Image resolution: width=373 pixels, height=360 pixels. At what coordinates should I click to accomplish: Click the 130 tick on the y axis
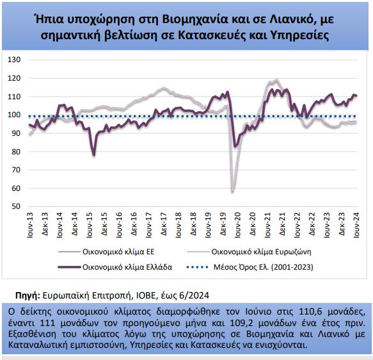tap(14, 60)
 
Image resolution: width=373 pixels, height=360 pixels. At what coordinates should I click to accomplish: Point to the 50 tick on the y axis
tap(16, 206)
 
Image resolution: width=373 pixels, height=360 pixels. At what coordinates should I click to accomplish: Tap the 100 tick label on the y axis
tap(14, 115)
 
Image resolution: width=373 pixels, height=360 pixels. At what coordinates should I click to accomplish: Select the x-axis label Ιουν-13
tap(30, 225)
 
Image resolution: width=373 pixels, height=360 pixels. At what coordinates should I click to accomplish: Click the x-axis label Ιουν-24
tap(356, 225)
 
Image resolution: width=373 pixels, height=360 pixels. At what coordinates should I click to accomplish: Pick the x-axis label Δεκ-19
tap(223, 224)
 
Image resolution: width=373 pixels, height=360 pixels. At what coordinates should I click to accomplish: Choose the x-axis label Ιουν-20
tap(237, 225)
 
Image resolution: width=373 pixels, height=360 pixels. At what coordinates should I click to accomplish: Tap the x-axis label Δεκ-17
tap(163, 224)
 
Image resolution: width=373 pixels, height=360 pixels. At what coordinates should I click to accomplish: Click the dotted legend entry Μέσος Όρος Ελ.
tap(250, 267)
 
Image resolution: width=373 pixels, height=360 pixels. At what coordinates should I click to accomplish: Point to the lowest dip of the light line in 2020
tap(232, 192)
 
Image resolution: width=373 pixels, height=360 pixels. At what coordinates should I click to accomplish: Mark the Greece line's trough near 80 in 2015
tap(94, 155)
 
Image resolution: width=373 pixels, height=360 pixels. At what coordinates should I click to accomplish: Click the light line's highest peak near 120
tap(276, 79)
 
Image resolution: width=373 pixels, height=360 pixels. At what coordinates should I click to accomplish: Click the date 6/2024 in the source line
tap(194, 295)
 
